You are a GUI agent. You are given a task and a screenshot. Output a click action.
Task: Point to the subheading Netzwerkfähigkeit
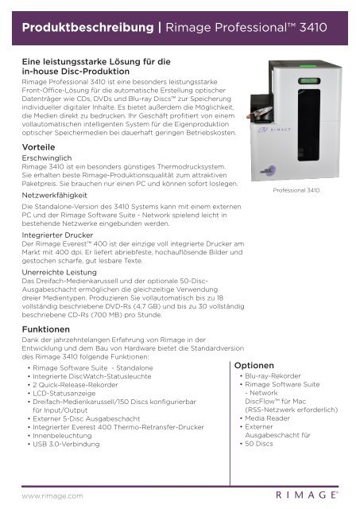(56, 193)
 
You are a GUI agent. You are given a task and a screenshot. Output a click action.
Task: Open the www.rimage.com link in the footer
(53, 495)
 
